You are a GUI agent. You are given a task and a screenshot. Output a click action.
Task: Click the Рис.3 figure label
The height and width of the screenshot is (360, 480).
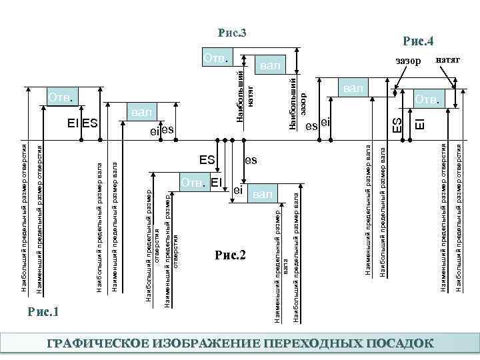pos(233,33)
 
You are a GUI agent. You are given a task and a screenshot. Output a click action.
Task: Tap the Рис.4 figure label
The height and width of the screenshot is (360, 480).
pos(419,42)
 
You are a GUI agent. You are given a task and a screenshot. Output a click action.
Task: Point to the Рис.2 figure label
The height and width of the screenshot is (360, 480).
pos(231,255)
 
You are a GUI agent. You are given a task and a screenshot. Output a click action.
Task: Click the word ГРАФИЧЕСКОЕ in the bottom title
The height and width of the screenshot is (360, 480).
pos(96,343)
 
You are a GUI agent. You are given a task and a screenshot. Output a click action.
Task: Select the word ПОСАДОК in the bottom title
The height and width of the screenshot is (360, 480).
pos(399,343)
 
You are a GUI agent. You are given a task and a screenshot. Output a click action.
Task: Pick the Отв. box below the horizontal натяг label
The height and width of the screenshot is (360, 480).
pos(427,99)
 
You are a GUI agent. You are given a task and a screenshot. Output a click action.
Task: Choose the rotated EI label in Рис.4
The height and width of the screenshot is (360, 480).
pos(419,123)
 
